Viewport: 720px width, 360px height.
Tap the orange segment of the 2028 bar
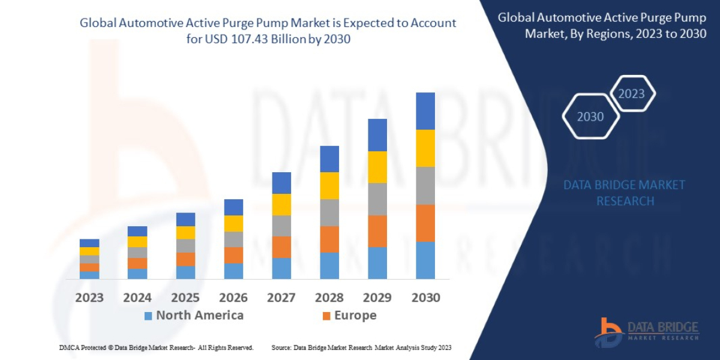click(329, 239)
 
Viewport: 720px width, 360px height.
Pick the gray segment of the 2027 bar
click(281, 226)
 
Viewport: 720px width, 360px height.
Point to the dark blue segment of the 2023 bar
click(89, 243)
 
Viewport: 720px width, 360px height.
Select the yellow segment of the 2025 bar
click(185, 233)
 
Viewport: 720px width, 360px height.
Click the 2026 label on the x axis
click(233, 298)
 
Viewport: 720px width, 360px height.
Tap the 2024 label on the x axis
click(137, 298)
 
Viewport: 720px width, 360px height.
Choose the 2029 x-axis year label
click(377, 298)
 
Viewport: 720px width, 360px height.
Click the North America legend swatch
click(148, 316)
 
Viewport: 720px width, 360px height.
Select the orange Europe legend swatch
click(326, 316)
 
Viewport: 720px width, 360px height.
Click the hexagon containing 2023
click(631, 94)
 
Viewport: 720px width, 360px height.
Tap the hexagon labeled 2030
click(590, 116)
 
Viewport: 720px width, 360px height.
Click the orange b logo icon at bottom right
click(608, 332)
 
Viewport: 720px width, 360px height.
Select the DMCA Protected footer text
click(156, 347)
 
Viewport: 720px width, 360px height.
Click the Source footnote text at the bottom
click(361, 347)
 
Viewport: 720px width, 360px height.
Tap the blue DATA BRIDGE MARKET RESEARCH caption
click(624, 193)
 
